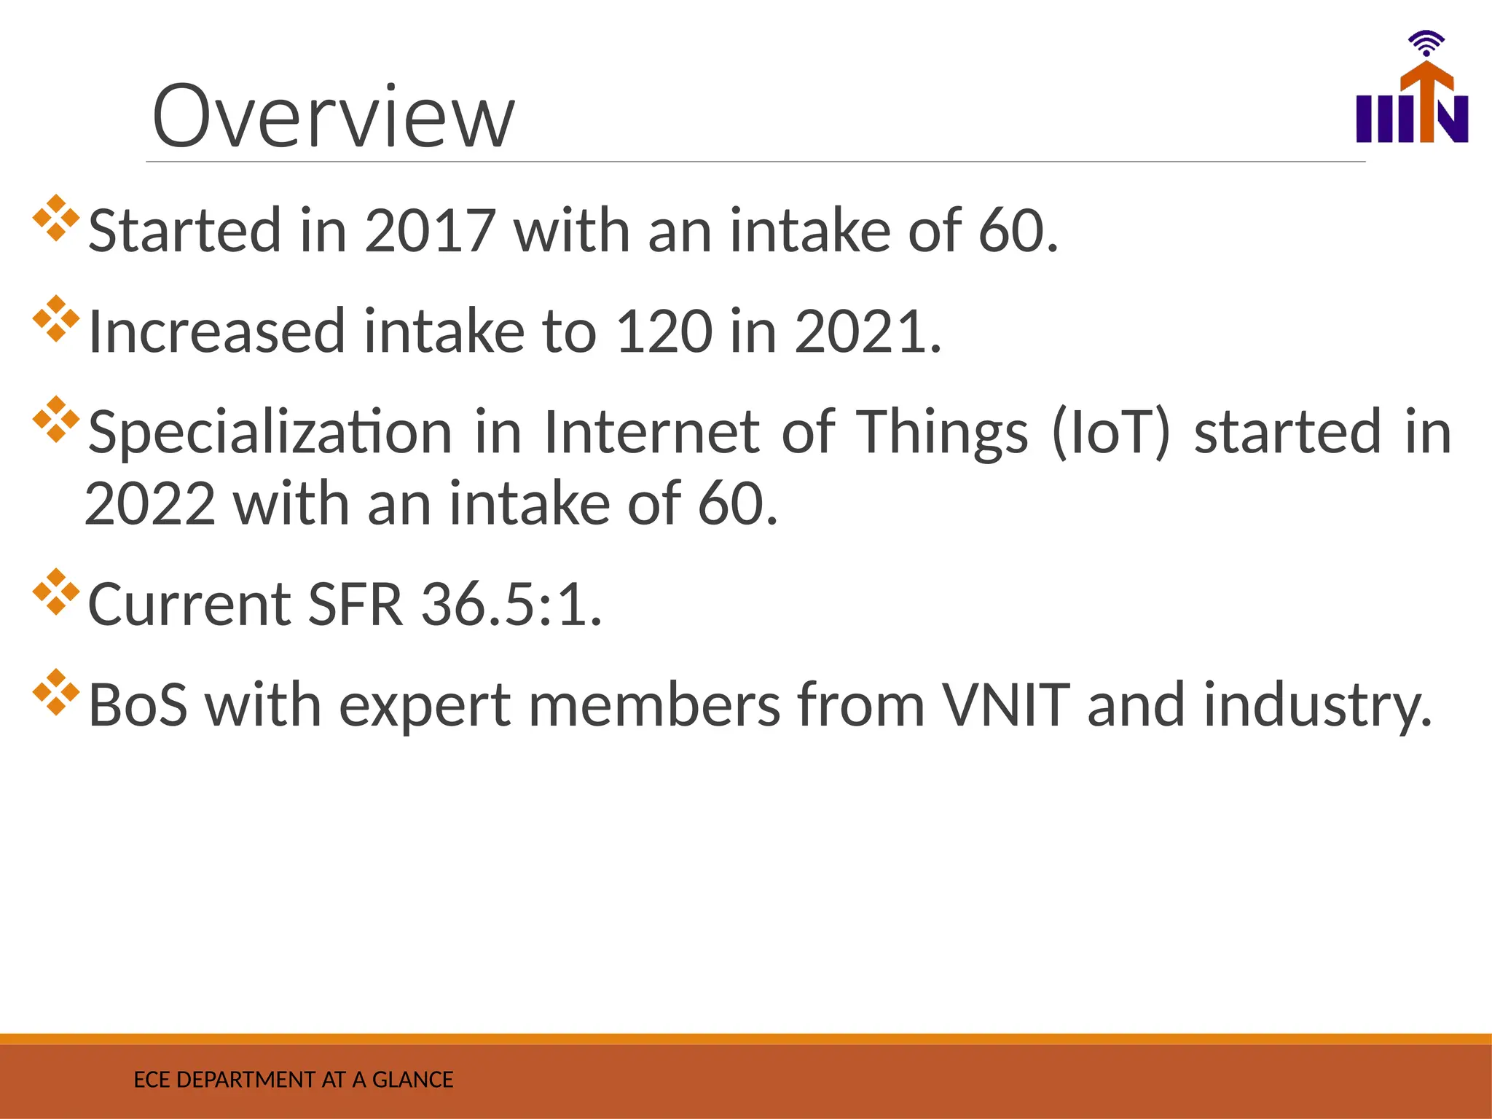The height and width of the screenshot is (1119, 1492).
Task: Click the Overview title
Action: pyautogui.click(x=333, y=117)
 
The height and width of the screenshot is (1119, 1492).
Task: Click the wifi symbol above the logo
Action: pyautogui.click(x=1426, y=44)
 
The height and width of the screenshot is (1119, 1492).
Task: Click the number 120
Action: pyautogui.click(x=664, y=331)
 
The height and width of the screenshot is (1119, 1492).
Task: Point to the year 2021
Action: pyautogui.click(x=860, y=331)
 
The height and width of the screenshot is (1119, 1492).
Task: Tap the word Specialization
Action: pyautogui.click(x=270, y=432)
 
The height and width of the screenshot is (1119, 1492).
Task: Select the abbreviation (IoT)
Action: pyautogui.click(x=1110, y=432)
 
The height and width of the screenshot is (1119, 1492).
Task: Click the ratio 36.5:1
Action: pyautogui.click(x=511, y=605)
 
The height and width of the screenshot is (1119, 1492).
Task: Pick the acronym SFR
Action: pyautogui.click(x=355, y=605)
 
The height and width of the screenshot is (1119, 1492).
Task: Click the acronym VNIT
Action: pyautogui.click(x=1005, y=705)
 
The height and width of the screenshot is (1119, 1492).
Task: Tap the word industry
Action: pyautogui.click(x=1317, y=705)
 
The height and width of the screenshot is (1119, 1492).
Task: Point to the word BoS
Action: pyautogui.click(x=138, y=705)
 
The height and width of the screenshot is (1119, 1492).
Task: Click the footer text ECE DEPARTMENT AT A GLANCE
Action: pyautogui.click(x=293, y=1080)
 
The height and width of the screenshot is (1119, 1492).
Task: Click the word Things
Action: pyautogui.click(x=941, y=432)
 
